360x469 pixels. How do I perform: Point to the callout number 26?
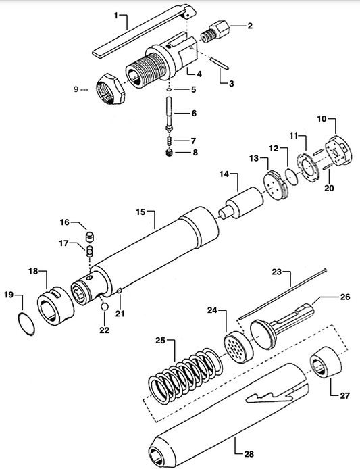pos(344,297)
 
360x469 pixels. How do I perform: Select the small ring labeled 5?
pos(169,89)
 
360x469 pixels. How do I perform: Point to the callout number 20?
pos(330,189)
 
